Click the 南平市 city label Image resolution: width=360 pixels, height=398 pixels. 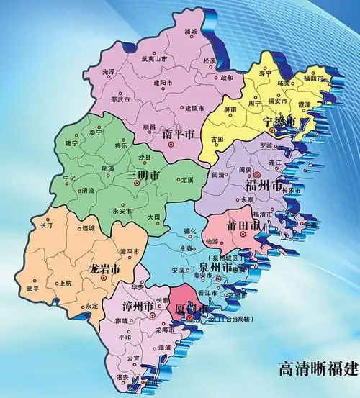pyautogui.click(x=179, y=135)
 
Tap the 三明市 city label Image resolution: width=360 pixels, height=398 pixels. pyautogui.click(x=144, y=184)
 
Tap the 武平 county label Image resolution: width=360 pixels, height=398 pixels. pyautogui.click(x=33, y=288)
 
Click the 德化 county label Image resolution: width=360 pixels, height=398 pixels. pyautogui.click(x=190, y=231)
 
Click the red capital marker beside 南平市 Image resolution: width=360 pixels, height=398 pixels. pyautogui.click(x=171, y=145)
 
